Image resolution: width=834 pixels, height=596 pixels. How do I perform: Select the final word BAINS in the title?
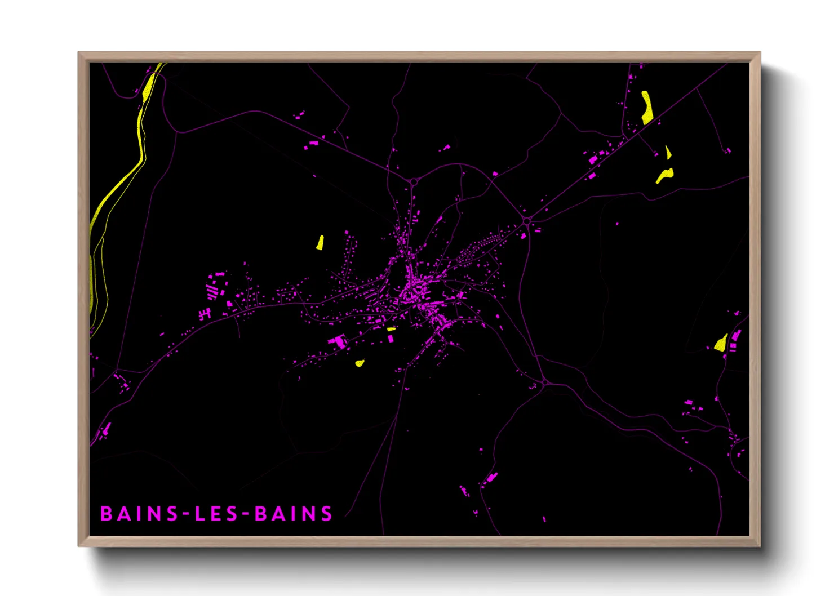pyautogui.click(x=294, y=514)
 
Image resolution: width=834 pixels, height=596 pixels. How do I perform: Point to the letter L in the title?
pyautogui.click(x=199, y=514)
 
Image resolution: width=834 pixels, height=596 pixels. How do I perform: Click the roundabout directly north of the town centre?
pyautogui.click(x=414, y=182)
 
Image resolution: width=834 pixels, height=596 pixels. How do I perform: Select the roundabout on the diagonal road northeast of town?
pyautogui.click(x=527, y=221)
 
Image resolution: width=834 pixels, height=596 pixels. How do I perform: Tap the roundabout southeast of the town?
pyautogui.click(x=545, y=383)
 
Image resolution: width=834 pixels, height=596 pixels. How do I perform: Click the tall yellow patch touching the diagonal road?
pyautogui.click(x=647, y=108)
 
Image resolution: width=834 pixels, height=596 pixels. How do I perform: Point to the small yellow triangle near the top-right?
pyautogui.click(x=668, y=153)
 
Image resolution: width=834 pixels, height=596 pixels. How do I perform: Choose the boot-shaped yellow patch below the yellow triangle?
pyautogui.click(x=665, y=175)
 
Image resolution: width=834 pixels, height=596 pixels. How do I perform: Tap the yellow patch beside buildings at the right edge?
pyautogui.click(x=721, y=343)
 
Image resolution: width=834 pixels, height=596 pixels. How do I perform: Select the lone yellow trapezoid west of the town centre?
pyautogui.click(x=320, y=243)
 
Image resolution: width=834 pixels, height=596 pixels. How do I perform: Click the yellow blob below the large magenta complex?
pyautogui.click(x=360, y=363)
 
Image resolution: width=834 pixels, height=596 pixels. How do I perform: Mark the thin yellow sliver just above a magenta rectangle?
pyautogui.click(x=391, y=329)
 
